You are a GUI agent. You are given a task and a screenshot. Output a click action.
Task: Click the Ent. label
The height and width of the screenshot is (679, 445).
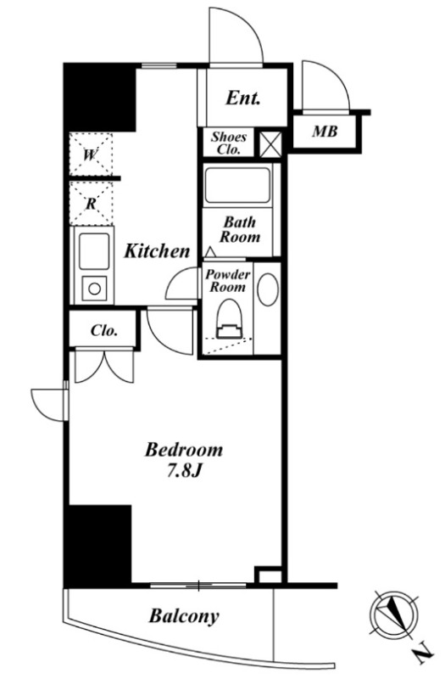tap(243, 98)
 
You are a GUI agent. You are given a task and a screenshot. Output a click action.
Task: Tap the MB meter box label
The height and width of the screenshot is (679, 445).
tap(325, 131)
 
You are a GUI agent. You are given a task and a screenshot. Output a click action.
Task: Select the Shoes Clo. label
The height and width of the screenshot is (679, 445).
tap(228, 143)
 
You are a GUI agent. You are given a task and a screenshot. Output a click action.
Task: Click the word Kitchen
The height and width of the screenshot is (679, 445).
tap(157, 250)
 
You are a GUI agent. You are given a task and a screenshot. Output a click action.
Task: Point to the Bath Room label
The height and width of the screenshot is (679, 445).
tap(240, 229)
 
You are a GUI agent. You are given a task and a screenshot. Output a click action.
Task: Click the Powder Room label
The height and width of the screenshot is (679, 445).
tap(227, 280)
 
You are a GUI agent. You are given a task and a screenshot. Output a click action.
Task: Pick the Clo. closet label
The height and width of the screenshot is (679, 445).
tap(104, 331)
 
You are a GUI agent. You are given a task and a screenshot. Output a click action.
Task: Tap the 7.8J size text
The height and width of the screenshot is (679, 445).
tap(185, 471)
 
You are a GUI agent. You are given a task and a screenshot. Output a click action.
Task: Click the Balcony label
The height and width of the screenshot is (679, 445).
tap(184, 616)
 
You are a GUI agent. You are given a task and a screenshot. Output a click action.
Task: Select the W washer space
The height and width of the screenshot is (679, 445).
tap(91, 154)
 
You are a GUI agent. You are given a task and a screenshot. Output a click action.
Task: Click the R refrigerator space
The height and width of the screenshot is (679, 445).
tap(91, 204)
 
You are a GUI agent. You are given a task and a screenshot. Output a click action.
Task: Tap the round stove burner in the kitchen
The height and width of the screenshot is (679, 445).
tap(94, 288)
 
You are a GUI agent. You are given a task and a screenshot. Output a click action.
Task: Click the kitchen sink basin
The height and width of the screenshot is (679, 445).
tap(94, 251)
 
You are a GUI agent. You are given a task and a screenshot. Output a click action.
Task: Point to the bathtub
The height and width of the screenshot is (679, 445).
tap(237, 186)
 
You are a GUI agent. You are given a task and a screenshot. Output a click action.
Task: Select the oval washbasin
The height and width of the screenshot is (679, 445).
tap(268, 289)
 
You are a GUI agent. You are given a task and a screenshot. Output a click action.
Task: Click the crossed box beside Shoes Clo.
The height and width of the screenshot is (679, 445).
tap(270, 143)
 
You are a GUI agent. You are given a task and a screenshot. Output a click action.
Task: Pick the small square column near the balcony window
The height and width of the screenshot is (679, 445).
tap(268, 575)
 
